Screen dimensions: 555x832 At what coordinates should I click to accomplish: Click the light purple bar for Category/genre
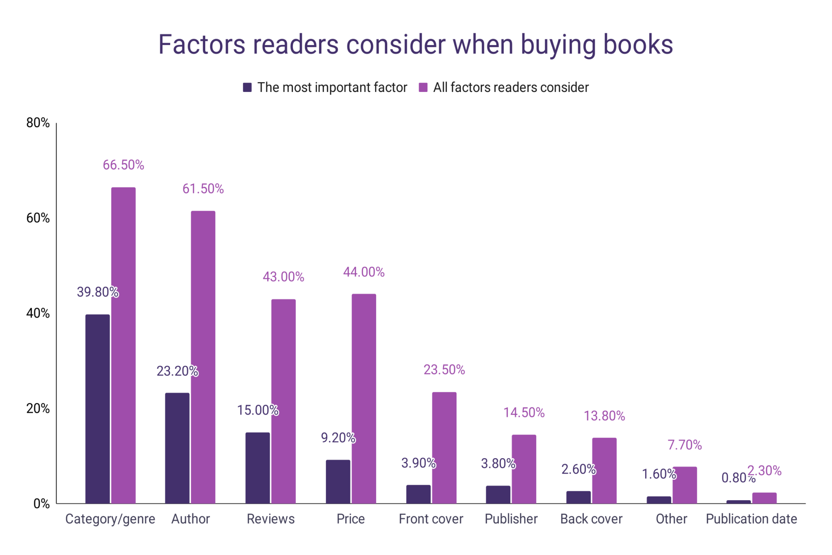123,346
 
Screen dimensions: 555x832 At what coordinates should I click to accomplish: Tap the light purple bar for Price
364,398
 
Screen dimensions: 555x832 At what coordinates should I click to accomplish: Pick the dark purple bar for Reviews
258,468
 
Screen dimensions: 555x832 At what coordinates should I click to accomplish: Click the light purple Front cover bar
444,448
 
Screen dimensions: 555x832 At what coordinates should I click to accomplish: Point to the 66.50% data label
123,165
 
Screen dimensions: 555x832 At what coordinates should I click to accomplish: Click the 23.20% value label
177,371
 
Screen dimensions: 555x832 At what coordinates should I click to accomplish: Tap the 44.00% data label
364,272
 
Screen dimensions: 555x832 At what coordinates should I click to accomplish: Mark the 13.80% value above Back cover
604,416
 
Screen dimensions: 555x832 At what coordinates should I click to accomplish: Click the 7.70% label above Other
685,445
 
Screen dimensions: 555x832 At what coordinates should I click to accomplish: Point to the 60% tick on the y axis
38,218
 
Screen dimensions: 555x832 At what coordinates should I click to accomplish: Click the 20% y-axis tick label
38,408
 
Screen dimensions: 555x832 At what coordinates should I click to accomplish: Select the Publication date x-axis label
751,519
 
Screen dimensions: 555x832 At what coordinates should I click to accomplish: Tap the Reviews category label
271,519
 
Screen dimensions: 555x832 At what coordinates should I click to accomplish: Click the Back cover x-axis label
591,519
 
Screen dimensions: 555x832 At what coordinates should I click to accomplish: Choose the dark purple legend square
247,87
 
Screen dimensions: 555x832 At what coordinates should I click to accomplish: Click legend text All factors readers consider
511,87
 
